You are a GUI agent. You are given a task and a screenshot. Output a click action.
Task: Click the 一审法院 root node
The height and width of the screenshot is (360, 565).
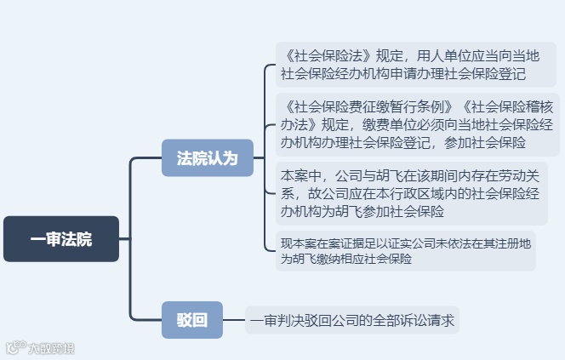[61, 239]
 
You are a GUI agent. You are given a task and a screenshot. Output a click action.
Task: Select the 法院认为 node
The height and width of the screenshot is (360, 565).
[208, 157]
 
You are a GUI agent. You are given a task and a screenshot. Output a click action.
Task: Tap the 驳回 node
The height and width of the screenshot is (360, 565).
[191, 320]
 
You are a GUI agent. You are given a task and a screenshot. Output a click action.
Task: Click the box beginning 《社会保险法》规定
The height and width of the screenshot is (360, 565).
[418, 65]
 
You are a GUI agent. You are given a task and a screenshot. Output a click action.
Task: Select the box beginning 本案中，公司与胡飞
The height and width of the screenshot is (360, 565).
[412, 194]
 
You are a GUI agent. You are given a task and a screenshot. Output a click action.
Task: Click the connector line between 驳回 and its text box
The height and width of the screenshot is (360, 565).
[233, 321]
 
